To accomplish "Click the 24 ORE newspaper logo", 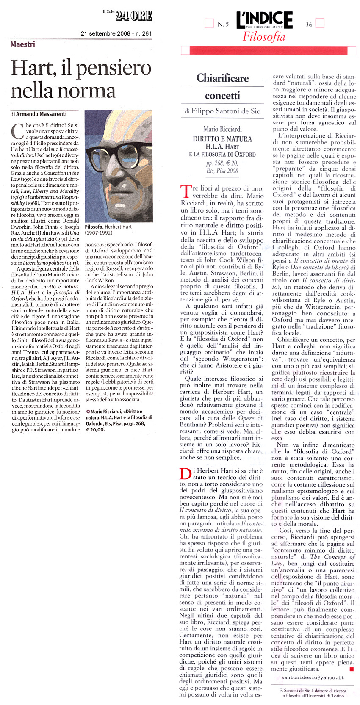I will coord(133,16).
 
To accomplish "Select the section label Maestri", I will coord(23,44).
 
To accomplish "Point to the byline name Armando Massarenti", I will coord(41,114).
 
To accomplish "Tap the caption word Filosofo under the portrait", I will coord(94,227).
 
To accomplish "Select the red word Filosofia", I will coord(264,37).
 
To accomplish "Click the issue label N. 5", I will coord(223,25).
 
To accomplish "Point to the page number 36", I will coord(309,25).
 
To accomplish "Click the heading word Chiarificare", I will coord(222,78).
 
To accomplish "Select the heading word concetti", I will coord(222,96).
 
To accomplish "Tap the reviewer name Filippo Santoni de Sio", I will coord(222,111).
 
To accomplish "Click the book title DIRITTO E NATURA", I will coord(222,139).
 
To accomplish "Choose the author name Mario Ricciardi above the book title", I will coord(222,129).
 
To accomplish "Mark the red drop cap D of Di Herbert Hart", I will coord(186,473).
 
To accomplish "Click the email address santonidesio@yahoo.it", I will coord(313,677).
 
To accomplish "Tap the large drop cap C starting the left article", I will coord(17,131).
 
